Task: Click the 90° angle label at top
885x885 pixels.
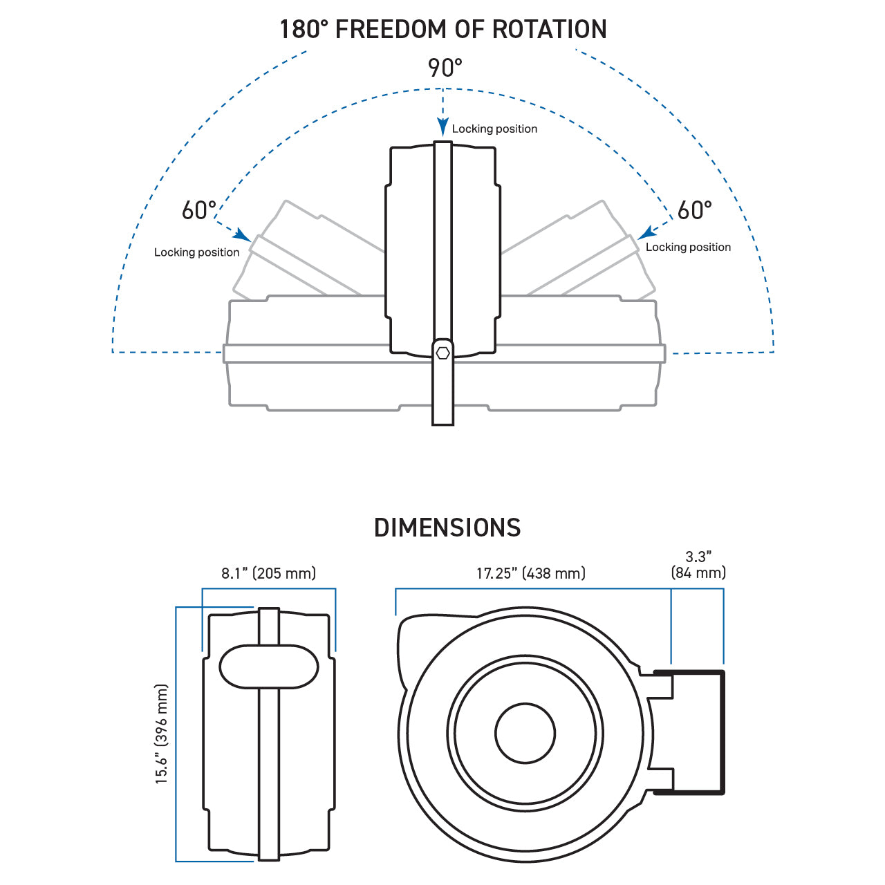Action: pyautogui.click(x=445, y=68)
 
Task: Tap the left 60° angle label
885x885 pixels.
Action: pyautogui.click(x=199, y=210)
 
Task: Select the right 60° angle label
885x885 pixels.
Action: pyautogui.click(x=694, y=210)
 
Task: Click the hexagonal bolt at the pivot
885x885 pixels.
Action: pyautogui.click(x=443, y=353)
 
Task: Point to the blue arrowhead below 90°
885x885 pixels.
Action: pyautogui.click(x=443, y=127)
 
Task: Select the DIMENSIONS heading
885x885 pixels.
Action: pyautogui.click(x=447, y=528)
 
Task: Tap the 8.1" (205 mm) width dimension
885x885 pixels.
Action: pyautogui.click(x=268, y=573)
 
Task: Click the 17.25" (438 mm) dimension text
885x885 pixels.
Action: pyautogui.click(x=530, y=573)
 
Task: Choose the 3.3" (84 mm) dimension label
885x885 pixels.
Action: pyautogui.click(x=698, y=565)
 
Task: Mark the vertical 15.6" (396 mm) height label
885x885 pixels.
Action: pyautogui.click(x=162, y=734)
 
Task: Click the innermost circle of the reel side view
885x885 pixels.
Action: pyautogui.click(x=525, y=734)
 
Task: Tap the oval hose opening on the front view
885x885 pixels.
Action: pyautogui.click(x=269, y=667)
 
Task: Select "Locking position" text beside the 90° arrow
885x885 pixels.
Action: pyautogui.click(x=494, y=129)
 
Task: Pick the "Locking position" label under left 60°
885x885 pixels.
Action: pyautogui.click(x=196, y=252)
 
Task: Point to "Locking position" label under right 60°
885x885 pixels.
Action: pyautogui.click(x=688, y=248)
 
